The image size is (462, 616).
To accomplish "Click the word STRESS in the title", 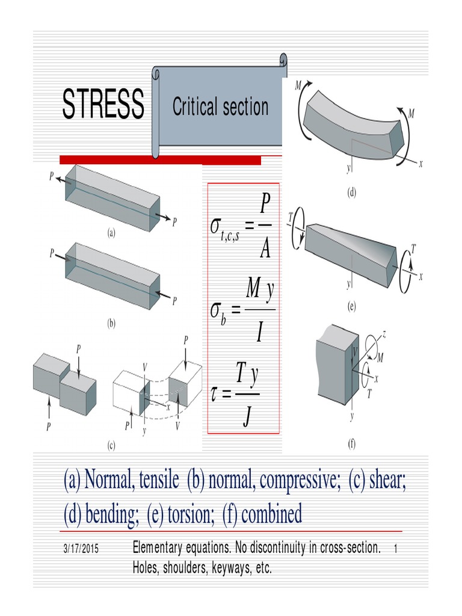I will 103,104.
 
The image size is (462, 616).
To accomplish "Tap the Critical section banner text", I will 220,107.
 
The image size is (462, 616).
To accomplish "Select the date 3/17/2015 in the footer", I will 80,550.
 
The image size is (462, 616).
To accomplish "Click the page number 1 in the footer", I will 396,549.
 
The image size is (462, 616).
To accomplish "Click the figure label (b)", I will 111,323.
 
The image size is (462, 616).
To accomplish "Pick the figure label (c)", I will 111,446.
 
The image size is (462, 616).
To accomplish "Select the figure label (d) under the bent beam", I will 351,193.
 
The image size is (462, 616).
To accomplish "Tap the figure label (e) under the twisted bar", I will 351,306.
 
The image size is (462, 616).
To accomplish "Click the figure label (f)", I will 351,445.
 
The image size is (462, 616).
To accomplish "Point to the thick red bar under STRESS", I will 160,160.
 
